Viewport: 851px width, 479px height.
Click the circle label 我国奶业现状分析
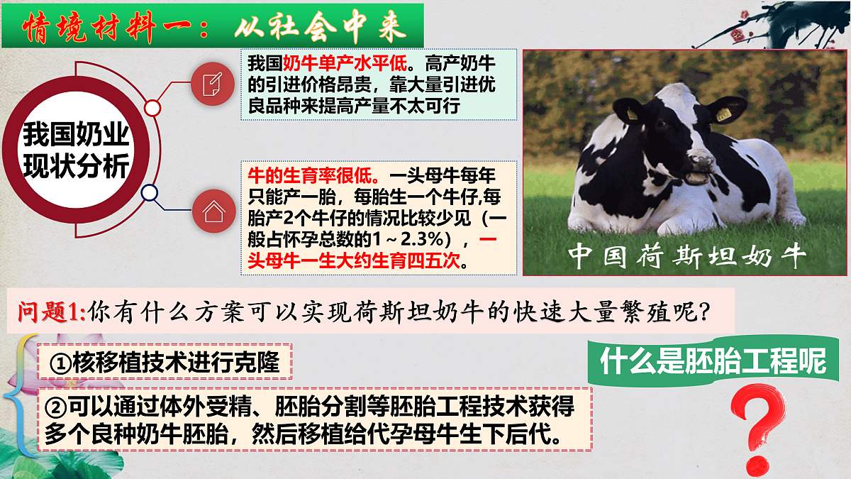pyautogui.click(x=76, y=150)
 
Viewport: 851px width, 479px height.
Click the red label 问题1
pyautogui.click(x=51, y=311)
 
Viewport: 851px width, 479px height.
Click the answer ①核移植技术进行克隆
pyautogui.click(x=165, y=363)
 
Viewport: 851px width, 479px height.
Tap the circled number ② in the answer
pyautogui.click(x=55, y=407)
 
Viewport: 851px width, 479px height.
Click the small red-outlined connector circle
pyautogui.click(x=152, y=108)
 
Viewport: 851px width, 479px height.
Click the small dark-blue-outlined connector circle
pyautogui.click(x=150, y=192)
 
